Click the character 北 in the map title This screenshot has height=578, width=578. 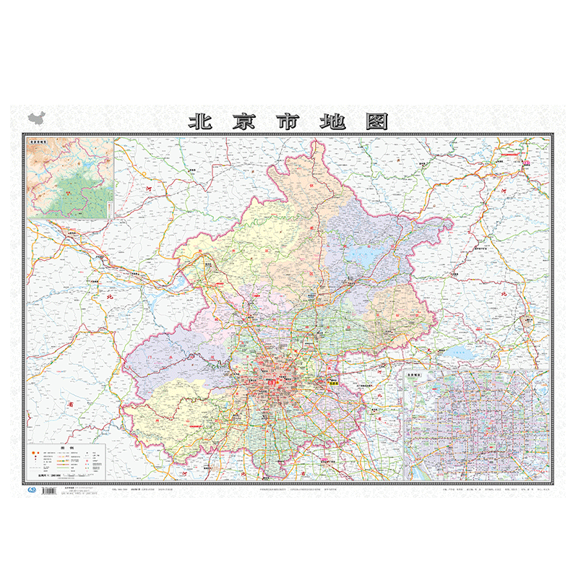(x=199, y=121)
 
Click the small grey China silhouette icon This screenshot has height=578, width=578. (x=35, y=118)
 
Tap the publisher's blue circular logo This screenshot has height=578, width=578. (x=31, y=490)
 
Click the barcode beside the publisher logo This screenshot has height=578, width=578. (x=49, y=491)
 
